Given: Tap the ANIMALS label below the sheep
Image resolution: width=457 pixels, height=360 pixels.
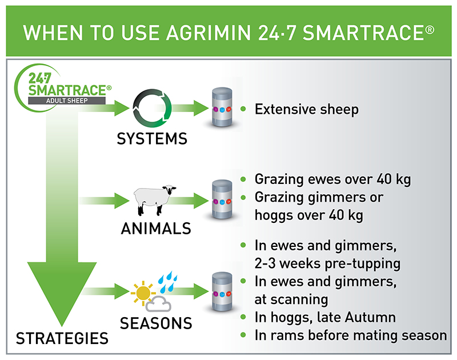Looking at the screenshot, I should click(x=155, y=229).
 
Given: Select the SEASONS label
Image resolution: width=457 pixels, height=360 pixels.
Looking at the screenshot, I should click(x=155, y=323).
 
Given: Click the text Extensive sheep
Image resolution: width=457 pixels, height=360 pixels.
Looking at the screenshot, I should click(x=306, y=110).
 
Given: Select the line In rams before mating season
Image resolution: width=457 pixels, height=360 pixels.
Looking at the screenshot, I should click(x=350, y=335).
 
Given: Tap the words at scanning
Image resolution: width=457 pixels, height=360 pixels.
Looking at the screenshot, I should click(x=291, y=299).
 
